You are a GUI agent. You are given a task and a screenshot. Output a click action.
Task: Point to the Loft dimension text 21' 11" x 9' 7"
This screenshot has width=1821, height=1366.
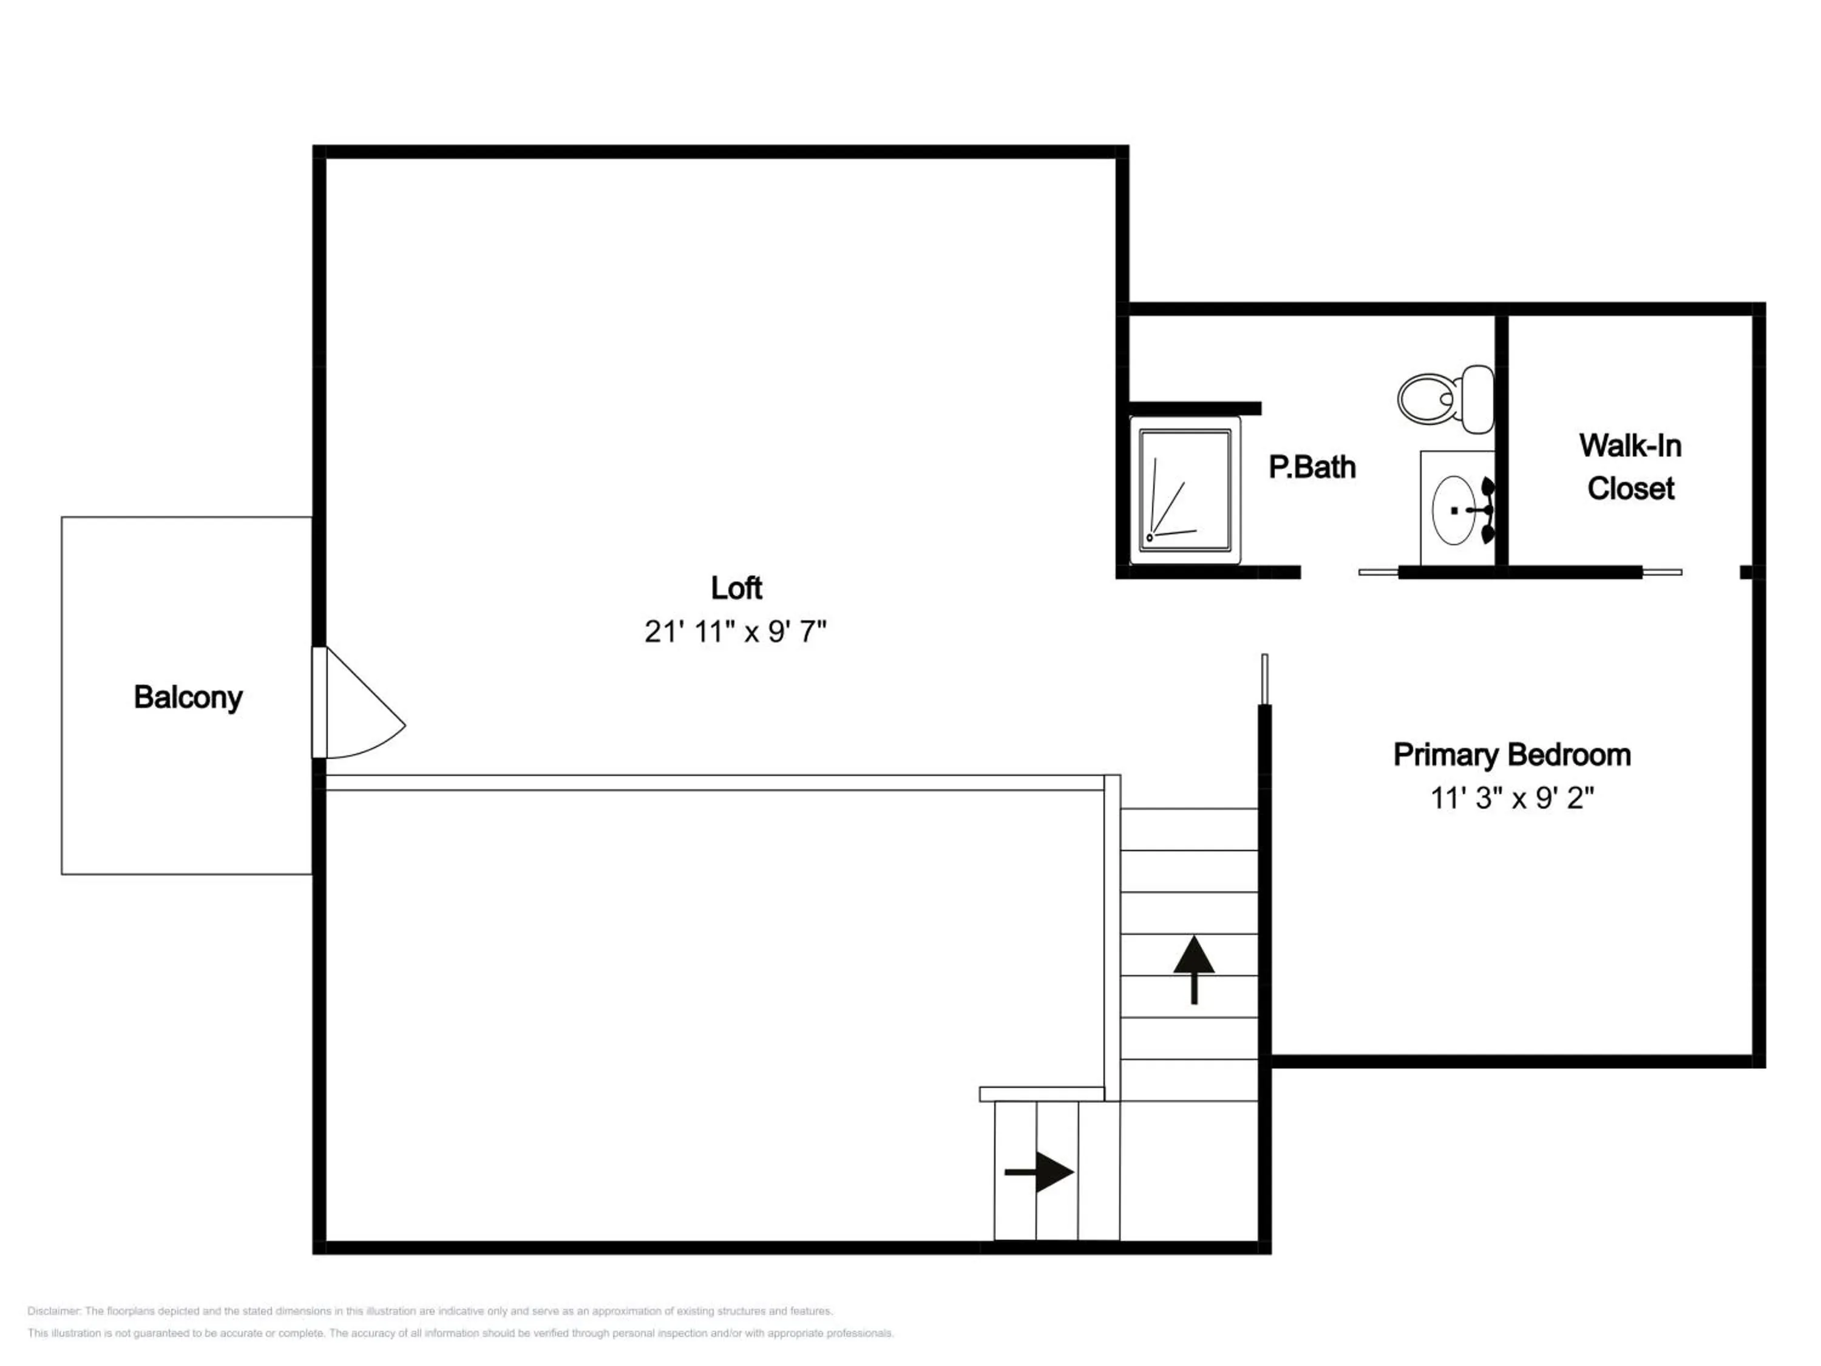tap(735, 631)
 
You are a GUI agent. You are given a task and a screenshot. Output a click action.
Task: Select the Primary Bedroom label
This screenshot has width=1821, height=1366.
tap(1511, 755)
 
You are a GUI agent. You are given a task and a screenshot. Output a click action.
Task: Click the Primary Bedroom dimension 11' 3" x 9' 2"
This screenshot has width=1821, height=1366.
tap(1512, 798)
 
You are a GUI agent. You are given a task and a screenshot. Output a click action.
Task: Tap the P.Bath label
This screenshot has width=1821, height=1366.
tap(1312, 467)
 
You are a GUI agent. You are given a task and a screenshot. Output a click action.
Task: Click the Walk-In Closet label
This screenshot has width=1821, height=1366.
tap(1630, 467)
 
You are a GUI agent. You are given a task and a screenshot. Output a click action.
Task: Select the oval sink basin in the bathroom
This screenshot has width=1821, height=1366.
tap(1454, 510)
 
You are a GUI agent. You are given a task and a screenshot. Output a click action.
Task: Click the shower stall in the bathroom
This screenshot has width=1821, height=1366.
tap(1185, 490)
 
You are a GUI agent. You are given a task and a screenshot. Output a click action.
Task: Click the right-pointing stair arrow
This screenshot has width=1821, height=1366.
tap(1039, 1172)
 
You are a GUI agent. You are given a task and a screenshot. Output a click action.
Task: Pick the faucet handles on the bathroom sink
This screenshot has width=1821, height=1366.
tap(1486, 511)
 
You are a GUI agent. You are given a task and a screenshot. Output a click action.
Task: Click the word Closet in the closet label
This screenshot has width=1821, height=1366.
tap(1630, 488)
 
